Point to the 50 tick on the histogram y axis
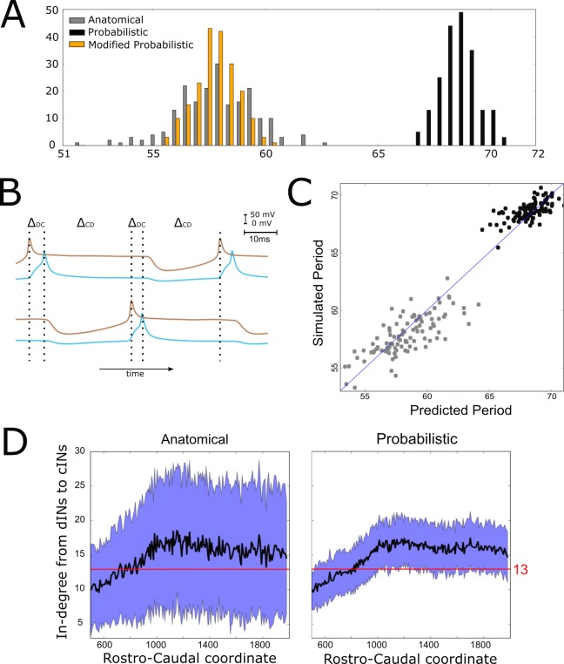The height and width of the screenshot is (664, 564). (51, 10)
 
